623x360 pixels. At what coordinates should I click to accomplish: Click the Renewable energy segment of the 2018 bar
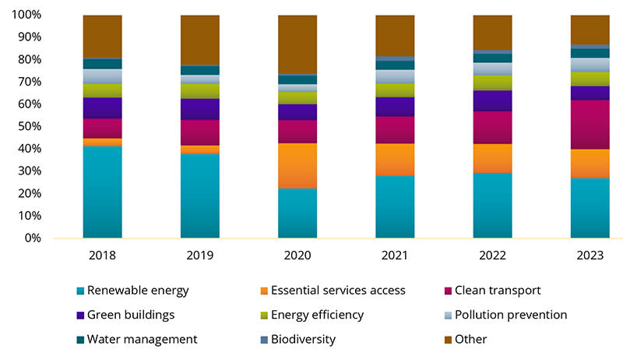pyautogui.click(x=102, y=191)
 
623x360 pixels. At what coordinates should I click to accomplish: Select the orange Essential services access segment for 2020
pyautogui.click(x=297, y=165)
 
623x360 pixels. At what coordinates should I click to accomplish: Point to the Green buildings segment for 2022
pyautogui.click(x=492, y=101)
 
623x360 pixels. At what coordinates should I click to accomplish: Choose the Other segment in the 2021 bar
pyautogui.click(x=395, y=35)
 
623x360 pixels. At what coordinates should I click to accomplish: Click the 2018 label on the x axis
pyautogui.click(x=102, y=254)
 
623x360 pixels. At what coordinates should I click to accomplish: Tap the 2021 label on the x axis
pyautogui.click(x=395, y=254)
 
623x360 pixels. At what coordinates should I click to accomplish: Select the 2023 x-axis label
pyautogui.click(x=590, y=254)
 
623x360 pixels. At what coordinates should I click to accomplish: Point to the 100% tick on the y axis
pyautogui.click(x=26, y=15)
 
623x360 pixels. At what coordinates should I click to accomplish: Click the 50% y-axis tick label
pyautogui.click(x=30, y=126)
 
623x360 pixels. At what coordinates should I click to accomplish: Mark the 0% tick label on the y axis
pyautogui.click(x=33, y=238)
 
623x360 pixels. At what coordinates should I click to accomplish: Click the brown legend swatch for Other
pyautogui.click(x=443, y=340)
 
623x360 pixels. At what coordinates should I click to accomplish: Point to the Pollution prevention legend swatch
pyautogui.click(x=443, y=316)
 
